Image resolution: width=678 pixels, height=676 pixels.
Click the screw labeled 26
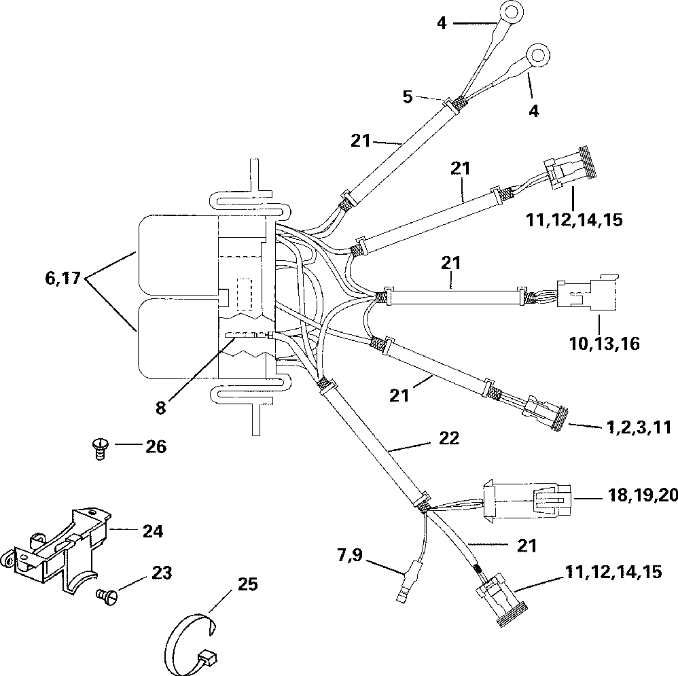point(101,449)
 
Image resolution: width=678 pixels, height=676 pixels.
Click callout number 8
point(160,407)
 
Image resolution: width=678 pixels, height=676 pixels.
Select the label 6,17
point(63,278)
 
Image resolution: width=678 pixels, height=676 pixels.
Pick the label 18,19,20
point(643,496)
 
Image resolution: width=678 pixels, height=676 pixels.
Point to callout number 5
point(408,97)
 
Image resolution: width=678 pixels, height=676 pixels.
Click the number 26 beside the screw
point(156,446)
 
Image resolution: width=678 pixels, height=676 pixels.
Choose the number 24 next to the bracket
point(153,531)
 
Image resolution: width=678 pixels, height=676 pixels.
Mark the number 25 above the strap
point(248,584)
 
